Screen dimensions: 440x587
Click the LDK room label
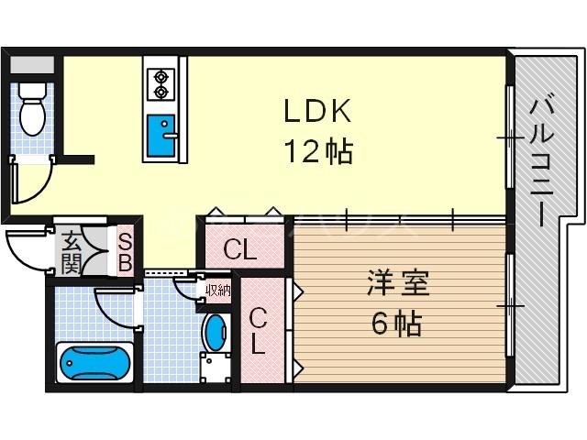pos(316,112)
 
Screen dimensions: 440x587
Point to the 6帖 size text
pos(396,323)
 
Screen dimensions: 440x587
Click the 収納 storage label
pos(218,291)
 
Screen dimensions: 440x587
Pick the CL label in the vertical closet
pos(260,332)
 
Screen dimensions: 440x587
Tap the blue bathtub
pos(96,364)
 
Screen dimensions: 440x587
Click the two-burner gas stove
pos(161,82)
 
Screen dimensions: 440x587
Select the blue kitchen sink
pos(165,137)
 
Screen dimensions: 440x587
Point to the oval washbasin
pos(215,331)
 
